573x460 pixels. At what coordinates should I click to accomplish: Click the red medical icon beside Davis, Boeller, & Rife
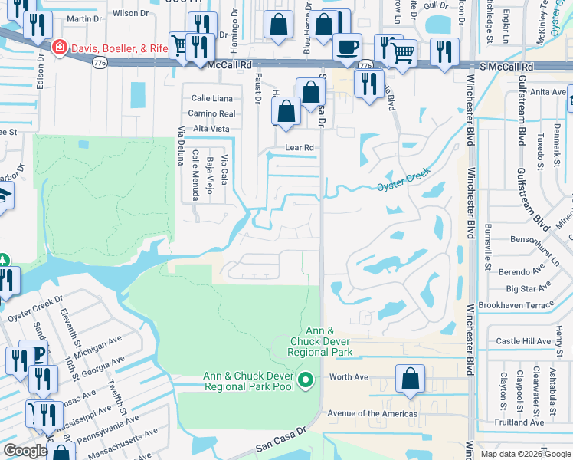(58, 48)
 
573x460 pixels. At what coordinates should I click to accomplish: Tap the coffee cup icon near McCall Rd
(346, 47)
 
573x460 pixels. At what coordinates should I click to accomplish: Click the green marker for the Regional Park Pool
(306, 379)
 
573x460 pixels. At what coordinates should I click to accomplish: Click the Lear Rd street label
(299, 147)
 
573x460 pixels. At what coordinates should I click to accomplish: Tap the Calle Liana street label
(211, 98)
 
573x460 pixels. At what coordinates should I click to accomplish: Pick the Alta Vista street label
(211, 129)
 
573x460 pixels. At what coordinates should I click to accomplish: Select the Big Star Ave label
(529, 288)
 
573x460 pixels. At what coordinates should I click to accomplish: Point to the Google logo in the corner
(26, 450)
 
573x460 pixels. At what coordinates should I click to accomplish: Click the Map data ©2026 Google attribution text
(525, 454)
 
